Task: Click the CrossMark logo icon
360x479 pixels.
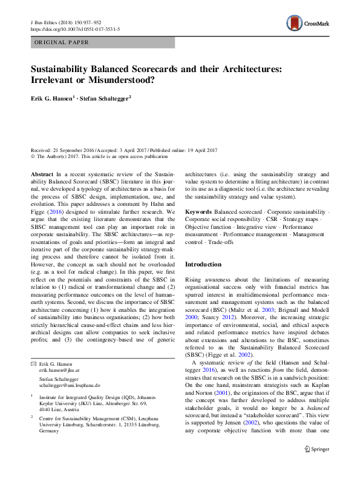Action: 295,23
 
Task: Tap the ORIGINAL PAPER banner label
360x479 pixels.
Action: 62,42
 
